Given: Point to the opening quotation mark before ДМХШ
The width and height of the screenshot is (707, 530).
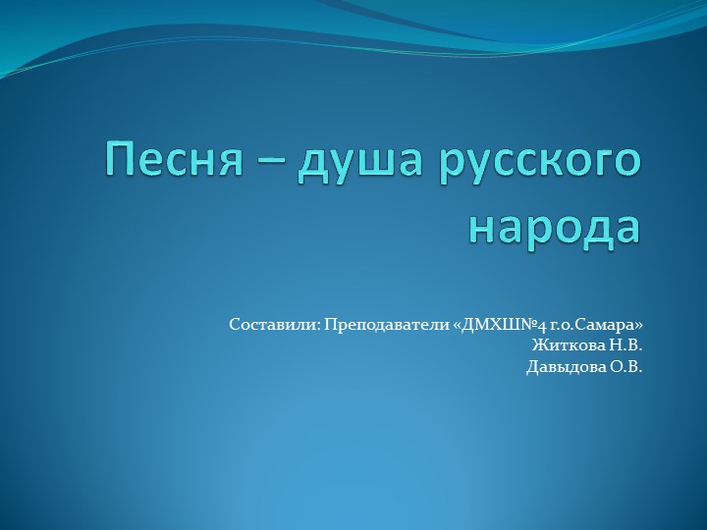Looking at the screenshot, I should pos(458,324).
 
